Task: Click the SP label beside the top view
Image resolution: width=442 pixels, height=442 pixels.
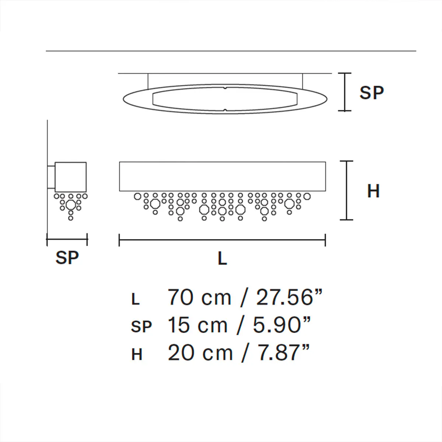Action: tap(371, 92)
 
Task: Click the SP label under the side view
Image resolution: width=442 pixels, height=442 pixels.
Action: tap(67, 257)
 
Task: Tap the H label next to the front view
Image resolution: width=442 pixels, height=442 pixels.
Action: tap(373, 191)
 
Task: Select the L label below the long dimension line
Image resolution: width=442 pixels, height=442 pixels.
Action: tap(222, 259)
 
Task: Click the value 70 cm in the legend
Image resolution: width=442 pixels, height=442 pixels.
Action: tap(199, 298)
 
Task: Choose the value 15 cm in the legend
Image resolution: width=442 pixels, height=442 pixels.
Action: tap(197, 325)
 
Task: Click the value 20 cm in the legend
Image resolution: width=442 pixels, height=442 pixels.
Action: tap(200, 353)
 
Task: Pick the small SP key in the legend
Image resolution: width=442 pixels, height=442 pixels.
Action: tap(141, 327)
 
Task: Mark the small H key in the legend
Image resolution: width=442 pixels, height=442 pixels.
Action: tap(137, 355)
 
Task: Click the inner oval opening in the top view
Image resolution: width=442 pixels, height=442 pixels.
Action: tap(225, 99)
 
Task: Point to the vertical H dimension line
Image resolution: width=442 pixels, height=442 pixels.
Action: tap(346, 190)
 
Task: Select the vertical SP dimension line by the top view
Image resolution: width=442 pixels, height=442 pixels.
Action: tap(345, 92)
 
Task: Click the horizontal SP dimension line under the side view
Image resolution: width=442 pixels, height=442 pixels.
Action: tap(67, 240)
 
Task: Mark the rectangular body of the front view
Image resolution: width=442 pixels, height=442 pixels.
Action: tap(222, 176)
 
